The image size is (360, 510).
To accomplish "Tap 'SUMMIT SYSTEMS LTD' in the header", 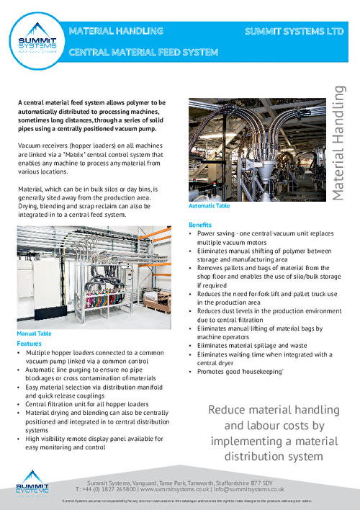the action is [292, 32].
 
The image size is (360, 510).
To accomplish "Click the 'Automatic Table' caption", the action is [208, 206].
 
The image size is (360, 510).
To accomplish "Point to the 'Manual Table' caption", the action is [35, 334].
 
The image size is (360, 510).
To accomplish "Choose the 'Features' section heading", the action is [28, 344].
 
